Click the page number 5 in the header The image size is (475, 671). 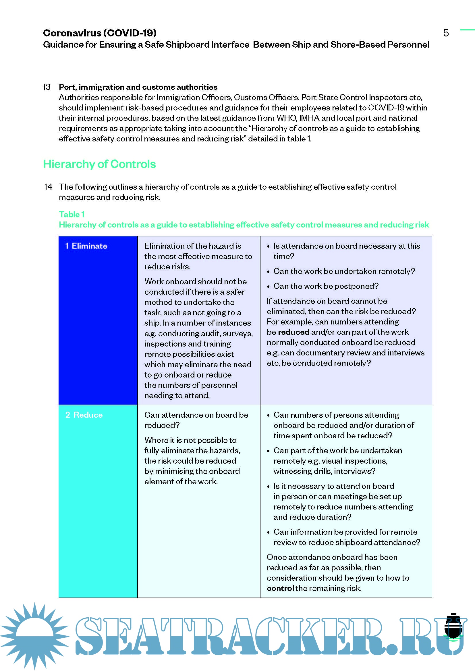coord(446,33)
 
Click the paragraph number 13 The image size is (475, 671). coord(47,87)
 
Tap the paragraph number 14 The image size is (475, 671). coord(48,187)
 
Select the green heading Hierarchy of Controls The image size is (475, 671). coord(99,164)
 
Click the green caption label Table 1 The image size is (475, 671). coord(72,215)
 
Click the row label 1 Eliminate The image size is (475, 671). coord(86,246)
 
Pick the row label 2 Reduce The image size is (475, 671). coord(84,415)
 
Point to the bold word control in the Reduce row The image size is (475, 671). coord(280,588)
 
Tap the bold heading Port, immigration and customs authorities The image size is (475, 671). coord(138,87)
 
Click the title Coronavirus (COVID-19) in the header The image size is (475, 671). coord(100,33)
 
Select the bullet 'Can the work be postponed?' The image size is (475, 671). coord(326,286)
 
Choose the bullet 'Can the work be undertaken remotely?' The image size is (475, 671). coord(344,271)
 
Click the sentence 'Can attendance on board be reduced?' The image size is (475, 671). coord(196,420)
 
